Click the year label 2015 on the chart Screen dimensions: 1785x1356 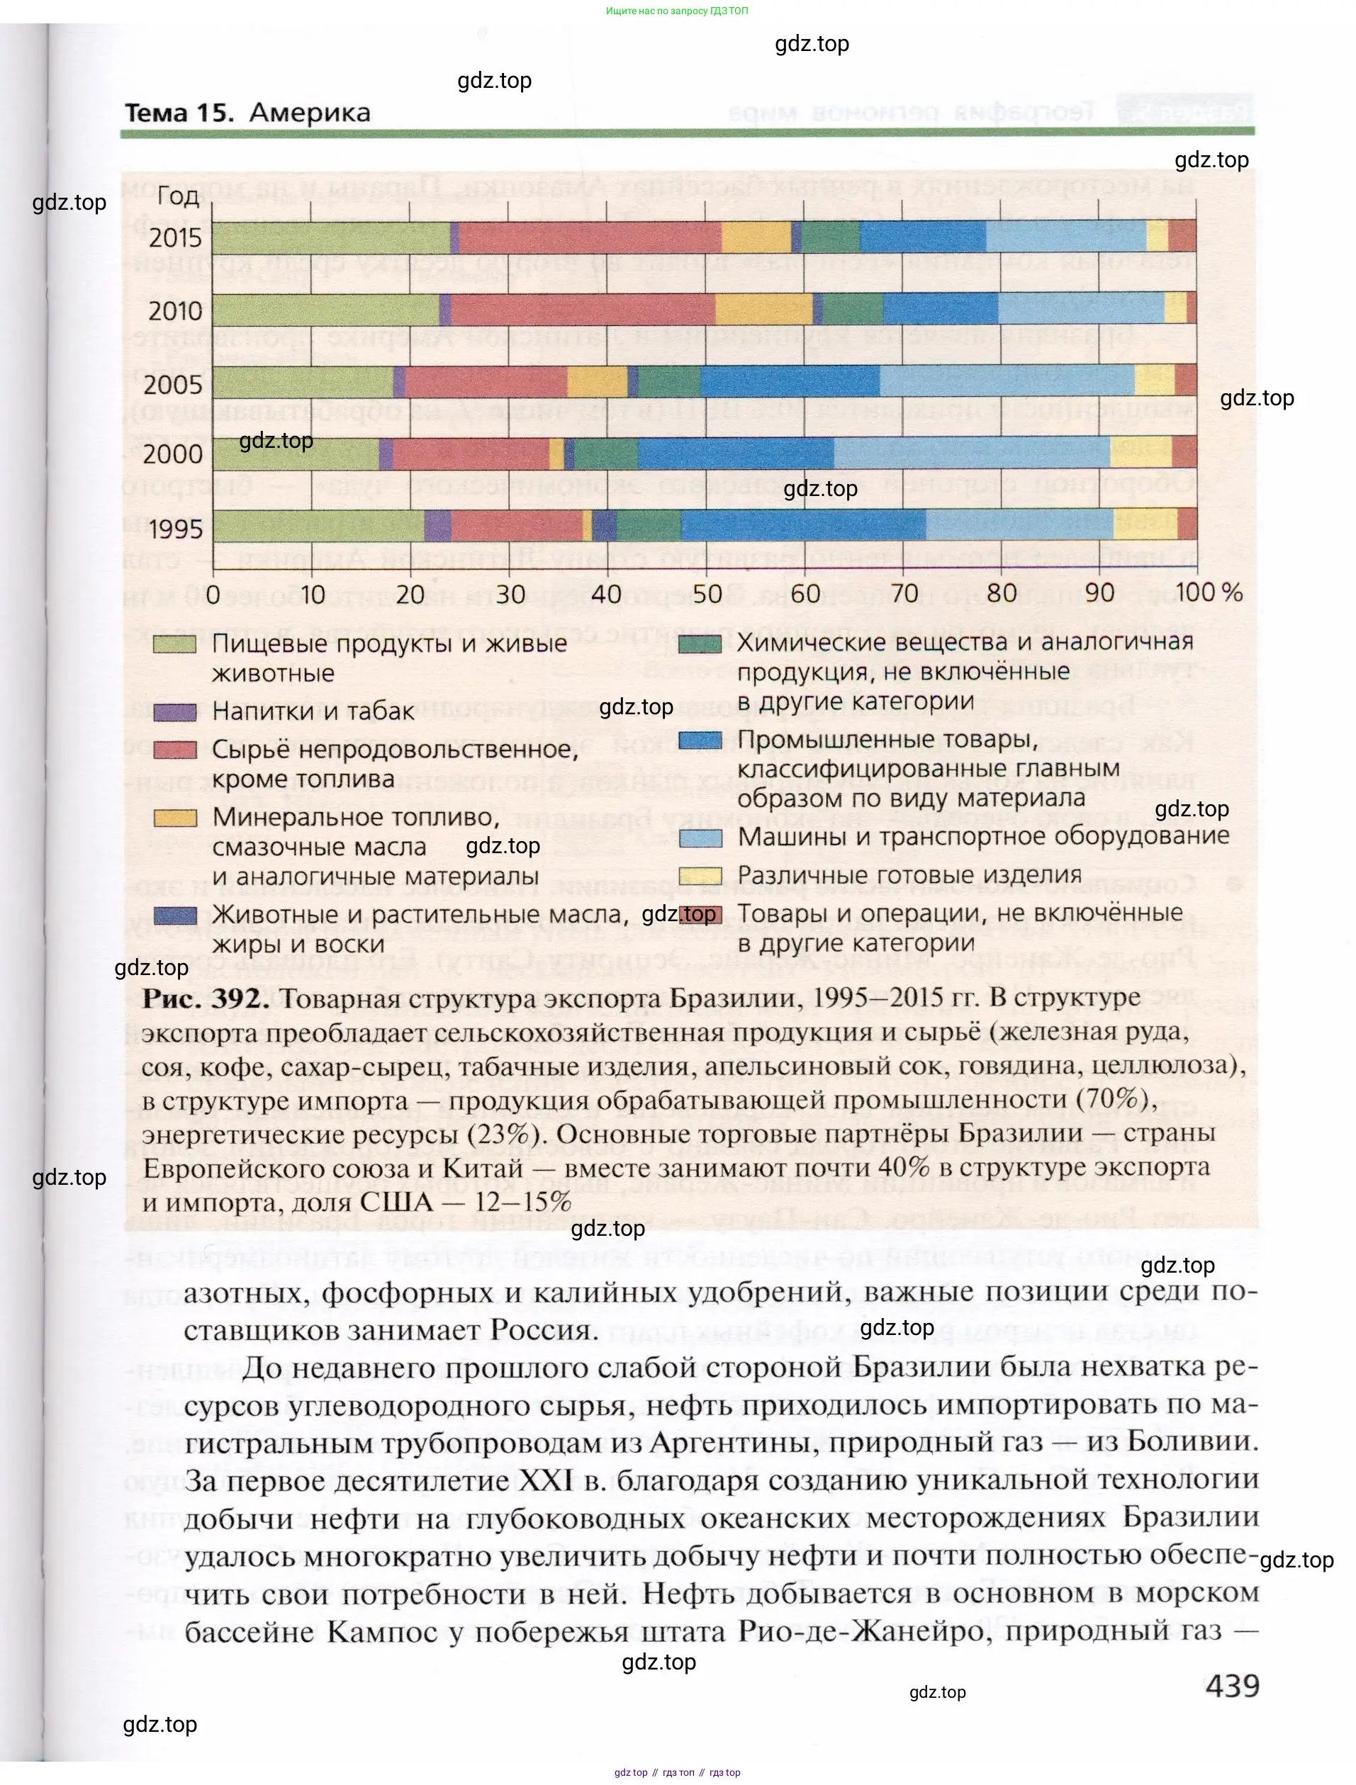[174, 237]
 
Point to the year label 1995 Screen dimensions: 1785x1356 [174, 529]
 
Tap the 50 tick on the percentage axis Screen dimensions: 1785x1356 [707, 594]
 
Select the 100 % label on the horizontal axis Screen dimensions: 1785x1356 [1207, 592]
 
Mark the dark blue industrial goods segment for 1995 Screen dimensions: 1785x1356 [803, 525]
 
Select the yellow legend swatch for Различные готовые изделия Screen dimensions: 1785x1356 [700, 877]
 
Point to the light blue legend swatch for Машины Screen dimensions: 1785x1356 [700, 838]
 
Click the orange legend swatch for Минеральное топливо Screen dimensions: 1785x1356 [175, 818]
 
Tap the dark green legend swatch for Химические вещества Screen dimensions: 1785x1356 [700, 644]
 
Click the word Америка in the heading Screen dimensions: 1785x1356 [310, 113]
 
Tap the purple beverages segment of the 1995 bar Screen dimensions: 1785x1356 [437, 525]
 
